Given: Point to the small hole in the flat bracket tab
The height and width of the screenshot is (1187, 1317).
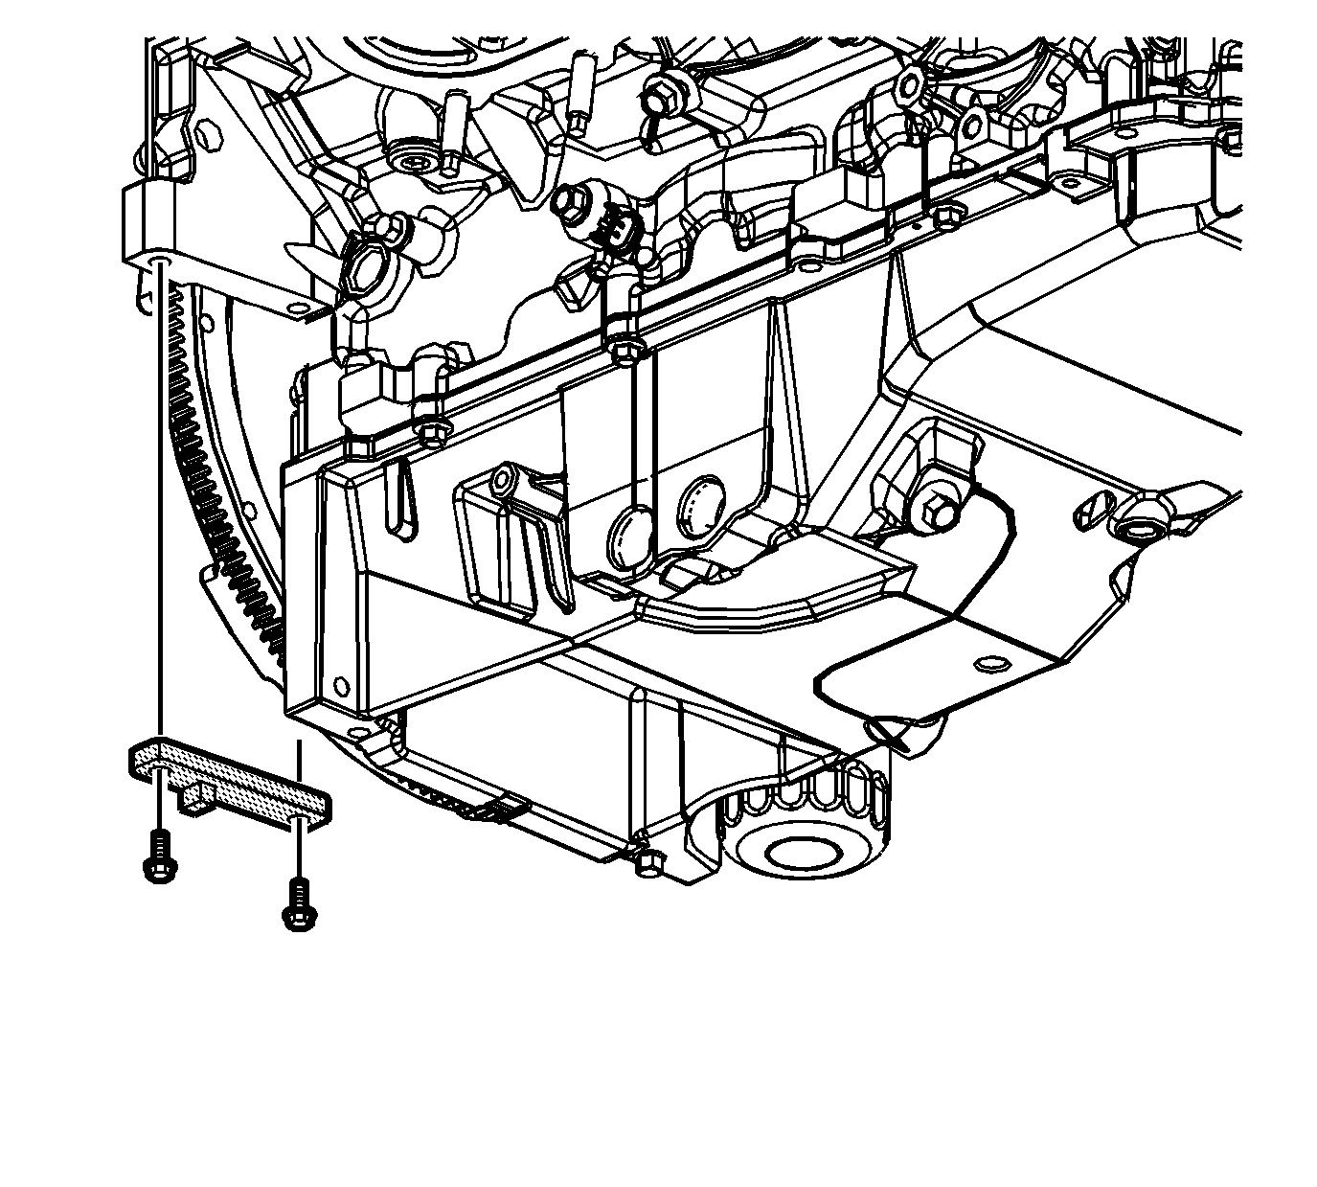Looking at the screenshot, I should tap(988, 663).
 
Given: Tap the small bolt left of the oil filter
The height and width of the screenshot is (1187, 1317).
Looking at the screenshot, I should tap(647, 862).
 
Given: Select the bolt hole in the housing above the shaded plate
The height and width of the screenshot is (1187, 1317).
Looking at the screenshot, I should tap(161, 261).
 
